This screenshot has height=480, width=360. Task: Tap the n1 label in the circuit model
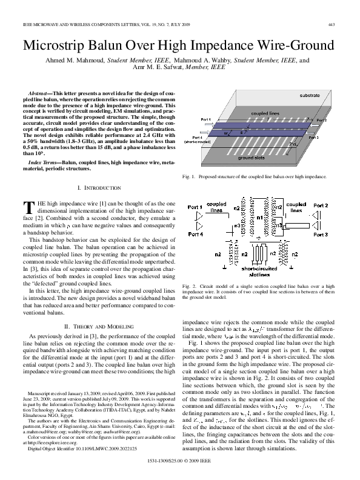(x=259, y=218)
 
